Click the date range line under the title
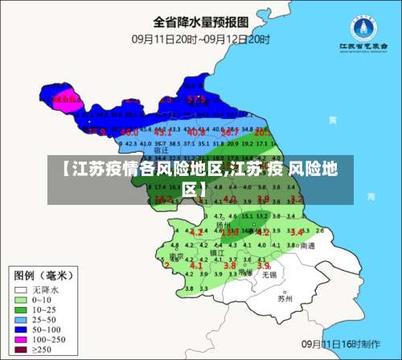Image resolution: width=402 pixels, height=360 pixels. (x=200, y=37)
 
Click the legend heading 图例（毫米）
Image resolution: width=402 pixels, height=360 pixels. (x=46, y=273)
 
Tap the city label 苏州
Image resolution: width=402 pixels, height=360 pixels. (x=285, y=298)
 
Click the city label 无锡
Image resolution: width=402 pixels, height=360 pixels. (x=270, y=274)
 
